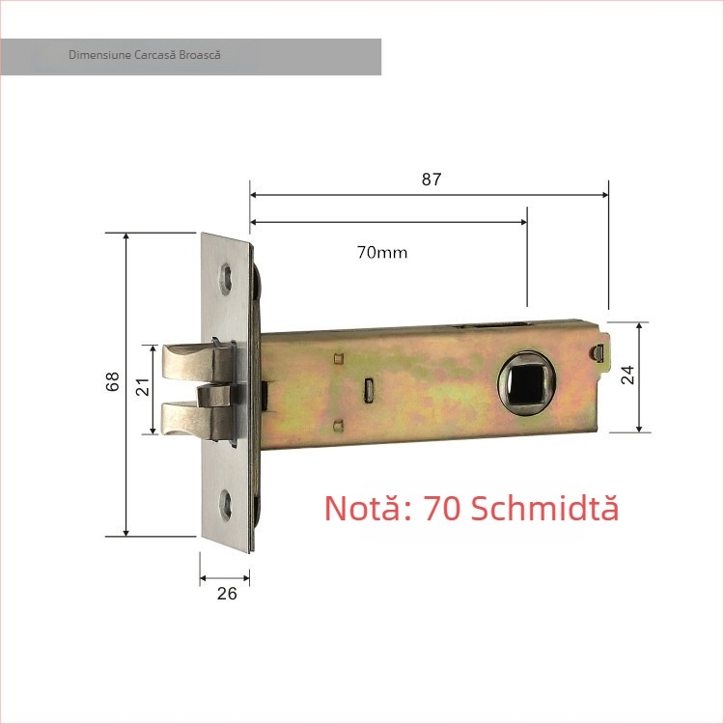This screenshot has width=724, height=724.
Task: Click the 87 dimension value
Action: coord(431,179)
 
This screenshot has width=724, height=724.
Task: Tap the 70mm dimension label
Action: coord(382,253)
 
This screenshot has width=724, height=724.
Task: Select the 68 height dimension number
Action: coord(113,383)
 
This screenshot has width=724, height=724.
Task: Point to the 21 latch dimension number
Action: coord(142,388)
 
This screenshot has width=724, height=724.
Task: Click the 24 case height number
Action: coord(628,376)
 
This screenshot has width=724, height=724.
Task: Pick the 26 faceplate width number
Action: coord(227,594)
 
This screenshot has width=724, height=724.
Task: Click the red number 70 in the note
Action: coord(443,508)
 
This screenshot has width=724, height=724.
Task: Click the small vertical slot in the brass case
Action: coord(370,389)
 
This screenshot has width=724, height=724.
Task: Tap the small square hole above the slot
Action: coord(337,359)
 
